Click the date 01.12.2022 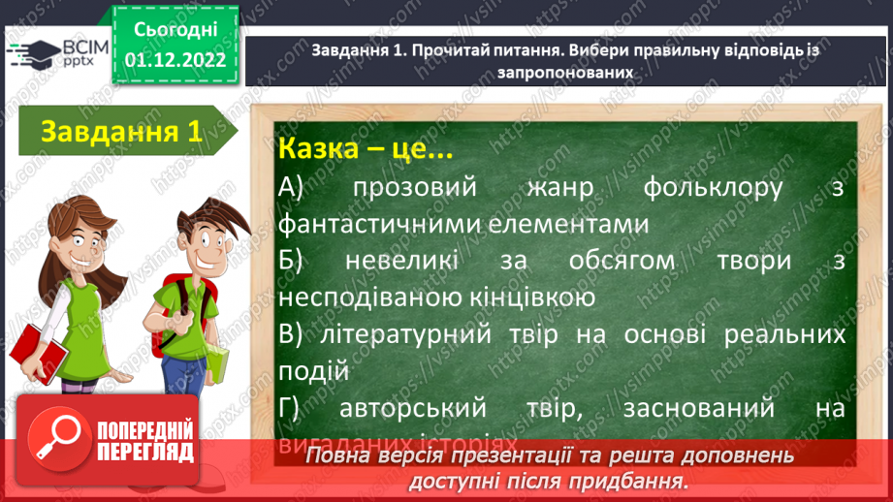click(x=175, y=60)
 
